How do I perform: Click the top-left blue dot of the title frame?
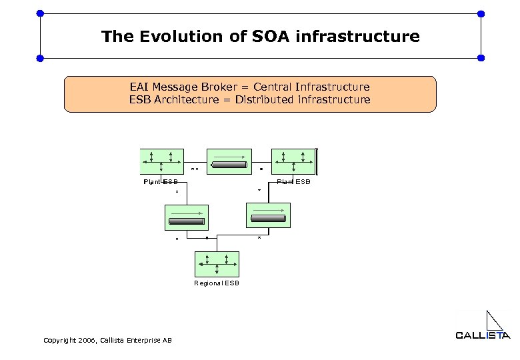click(x=40, y=13)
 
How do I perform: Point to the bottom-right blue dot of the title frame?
click(x=481, y=59)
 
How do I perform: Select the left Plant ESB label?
click(x=161, y=181)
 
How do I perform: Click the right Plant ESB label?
click(x=293, y=181)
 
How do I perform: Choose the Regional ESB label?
click(x=217, y=283)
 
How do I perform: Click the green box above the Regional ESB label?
click(x=217, y=264)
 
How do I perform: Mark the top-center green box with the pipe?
click(x=229, y=163)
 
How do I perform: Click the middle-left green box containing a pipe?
click(x=186, y=217)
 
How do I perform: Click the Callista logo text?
click(x=483, y=335)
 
